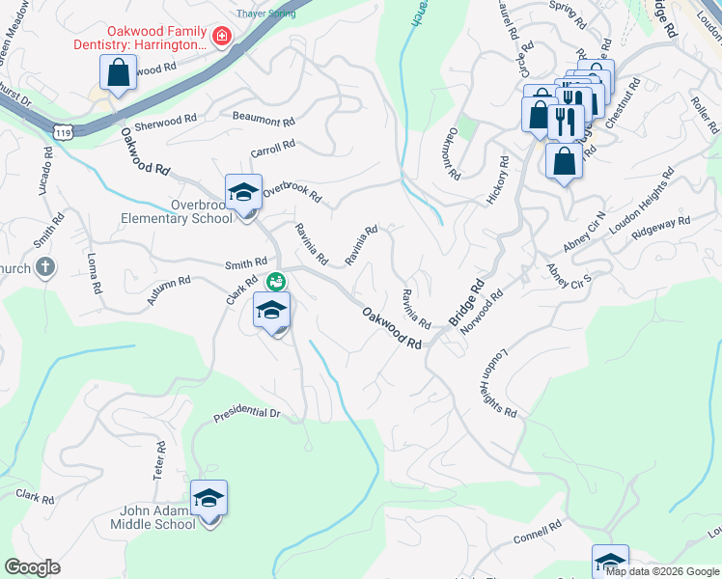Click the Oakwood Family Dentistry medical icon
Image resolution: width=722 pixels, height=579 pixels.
[x=221, y=37]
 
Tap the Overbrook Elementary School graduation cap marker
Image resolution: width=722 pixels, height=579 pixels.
[x=244, y=191]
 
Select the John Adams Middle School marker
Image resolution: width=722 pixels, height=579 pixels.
[x=208, y=498]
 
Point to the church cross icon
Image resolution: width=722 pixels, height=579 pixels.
[x=44, y=268]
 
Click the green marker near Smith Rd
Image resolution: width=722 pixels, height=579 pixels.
[x=276, y=281]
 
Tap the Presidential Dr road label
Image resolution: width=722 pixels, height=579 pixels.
[x=246, y=412]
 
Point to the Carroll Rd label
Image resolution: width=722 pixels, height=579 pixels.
[x=272, y=149]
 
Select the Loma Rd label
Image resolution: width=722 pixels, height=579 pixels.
[x=94, y=274]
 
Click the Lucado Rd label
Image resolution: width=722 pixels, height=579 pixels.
[x=44, y=170]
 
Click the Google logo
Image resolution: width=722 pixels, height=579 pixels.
[x=32, y=567]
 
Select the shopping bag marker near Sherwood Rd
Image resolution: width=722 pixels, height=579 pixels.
[x=118, y=74]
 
